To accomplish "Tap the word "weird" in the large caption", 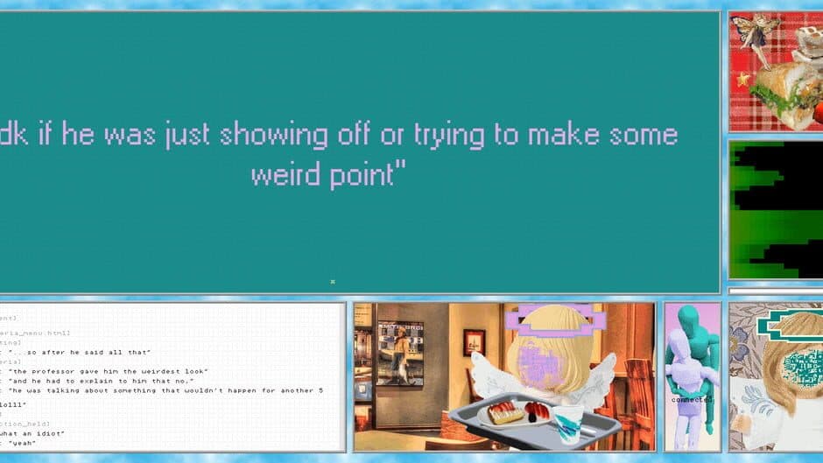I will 284,175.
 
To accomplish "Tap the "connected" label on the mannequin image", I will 693,400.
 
